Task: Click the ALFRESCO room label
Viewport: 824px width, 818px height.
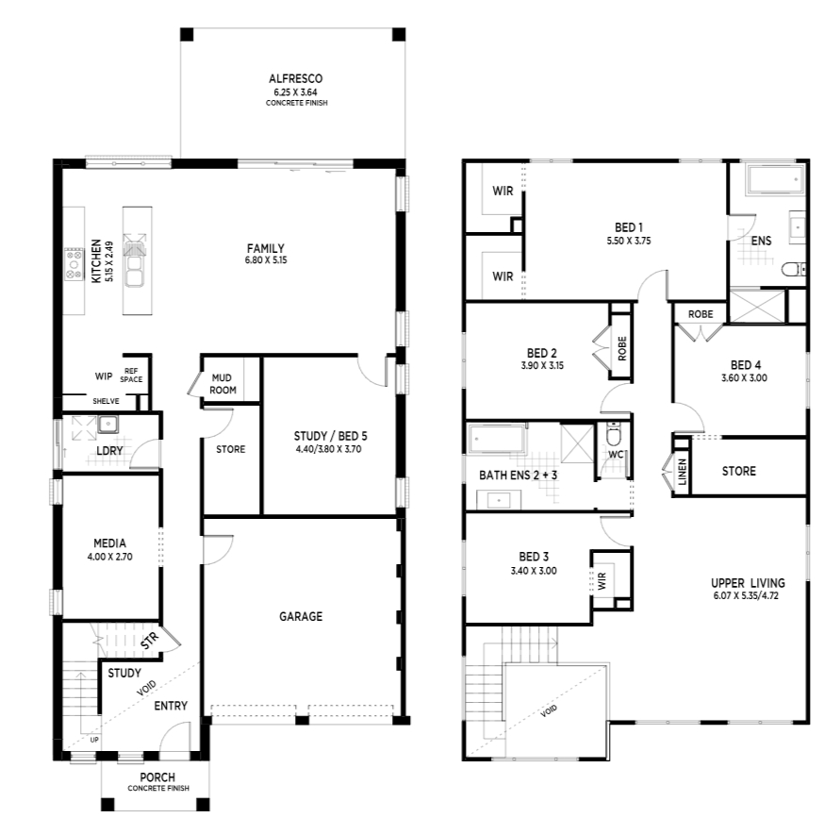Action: [x=295, y=79]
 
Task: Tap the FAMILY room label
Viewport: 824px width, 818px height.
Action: [x=265, y=248]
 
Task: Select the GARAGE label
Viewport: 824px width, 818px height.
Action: [x=301, y=616]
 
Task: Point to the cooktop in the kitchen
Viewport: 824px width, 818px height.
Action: [x=74, y=264]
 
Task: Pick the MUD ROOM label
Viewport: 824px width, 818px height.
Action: [x=222, y=384]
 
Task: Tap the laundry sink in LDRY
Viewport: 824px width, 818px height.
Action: [x=107, y=424]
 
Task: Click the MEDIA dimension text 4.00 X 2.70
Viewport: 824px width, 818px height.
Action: [x=109, y=557]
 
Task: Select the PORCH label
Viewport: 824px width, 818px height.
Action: [x=157, y=777]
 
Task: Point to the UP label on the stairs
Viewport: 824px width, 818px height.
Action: [x=94, y=740]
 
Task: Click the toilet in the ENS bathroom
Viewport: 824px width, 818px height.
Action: [x=793, y=270]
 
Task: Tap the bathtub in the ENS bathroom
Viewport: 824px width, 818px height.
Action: [x=776, y=180]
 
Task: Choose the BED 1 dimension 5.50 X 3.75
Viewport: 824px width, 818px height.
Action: [x=629, y=241]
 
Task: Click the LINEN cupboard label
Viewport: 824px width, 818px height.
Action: [x=683, y=472]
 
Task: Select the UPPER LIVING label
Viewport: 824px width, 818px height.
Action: [x=748, y=583]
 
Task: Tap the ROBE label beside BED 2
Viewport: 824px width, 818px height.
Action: [x=622, y=348]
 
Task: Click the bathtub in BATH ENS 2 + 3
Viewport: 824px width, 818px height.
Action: [x=497, y=438]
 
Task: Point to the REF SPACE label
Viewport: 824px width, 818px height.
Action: [x=131, y=376]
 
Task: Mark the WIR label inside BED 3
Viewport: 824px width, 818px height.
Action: [x=602, y=580]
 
